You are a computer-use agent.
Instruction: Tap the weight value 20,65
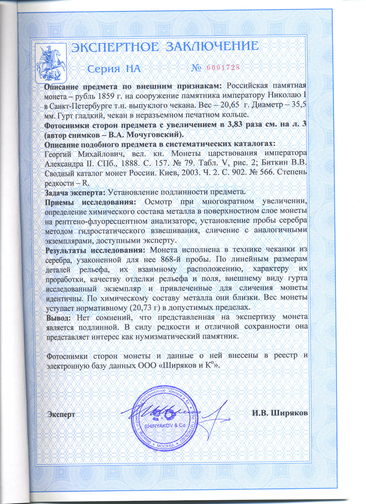(229, 106)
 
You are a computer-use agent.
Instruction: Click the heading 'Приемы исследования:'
(90, 202)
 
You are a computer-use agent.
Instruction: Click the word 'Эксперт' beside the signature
(62, 415)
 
